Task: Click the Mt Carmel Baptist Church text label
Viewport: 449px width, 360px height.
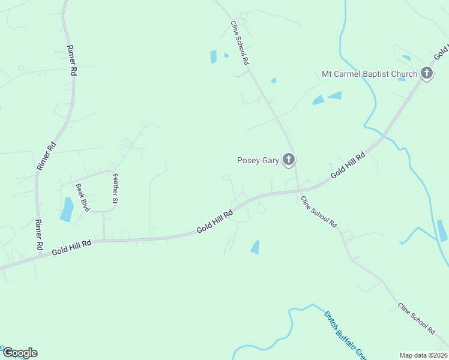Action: tap(369, 74)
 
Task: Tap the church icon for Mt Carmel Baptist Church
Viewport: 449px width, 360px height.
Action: tap(427, 74)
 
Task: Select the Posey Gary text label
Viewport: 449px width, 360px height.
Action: tap(258, 160)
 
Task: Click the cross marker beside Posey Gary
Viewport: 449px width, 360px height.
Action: tap(289, 160)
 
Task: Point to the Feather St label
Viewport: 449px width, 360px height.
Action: tap(115, 188)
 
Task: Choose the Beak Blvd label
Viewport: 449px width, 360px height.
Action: tap(83, 197)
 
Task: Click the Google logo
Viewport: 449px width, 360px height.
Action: tap(19, 353)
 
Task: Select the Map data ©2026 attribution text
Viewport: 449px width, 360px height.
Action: tap(423, 355)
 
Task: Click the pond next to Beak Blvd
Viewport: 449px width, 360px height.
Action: tap(67, 209)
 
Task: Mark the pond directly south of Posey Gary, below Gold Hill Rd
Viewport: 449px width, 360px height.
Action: tap(255, 247)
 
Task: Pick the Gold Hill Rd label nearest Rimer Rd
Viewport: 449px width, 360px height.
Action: tap(71, 246)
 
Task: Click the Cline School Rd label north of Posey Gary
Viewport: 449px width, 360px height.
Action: tap(240, 43)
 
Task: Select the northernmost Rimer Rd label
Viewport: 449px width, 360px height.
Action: tap(71, 60)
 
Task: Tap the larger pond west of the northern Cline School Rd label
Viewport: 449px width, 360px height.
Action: tap(213, 57)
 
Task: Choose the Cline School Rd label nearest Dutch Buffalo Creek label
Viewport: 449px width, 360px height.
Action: tap(319, 211)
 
